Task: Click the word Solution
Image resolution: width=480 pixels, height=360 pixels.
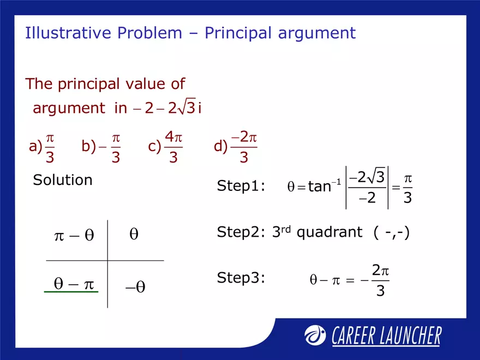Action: [63, 180]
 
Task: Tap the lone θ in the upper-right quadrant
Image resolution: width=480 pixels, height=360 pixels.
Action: [134, 235]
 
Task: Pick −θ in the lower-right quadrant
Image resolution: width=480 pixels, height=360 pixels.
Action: [135, 287]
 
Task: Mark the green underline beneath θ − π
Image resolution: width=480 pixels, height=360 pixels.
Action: [71, 293]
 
